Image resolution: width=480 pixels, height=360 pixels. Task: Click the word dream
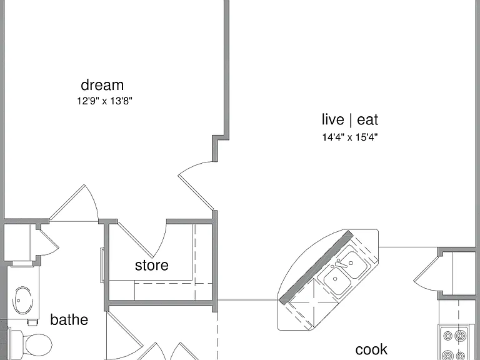tap(102, 85)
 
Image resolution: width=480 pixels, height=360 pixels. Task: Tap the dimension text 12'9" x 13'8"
tap(104, 101)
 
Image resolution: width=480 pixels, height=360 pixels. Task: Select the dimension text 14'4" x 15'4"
tap(350, 137)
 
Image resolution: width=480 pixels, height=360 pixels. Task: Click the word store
tap(151, 265)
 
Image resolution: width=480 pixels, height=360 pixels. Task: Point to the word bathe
tap(69, 319)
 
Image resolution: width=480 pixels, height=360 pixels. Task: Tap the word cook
tap(371, 349)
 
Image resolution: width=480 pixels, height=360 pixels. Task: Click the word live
tap(332, 119)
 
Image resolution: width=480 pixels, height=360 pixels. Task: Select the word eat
tap(367, 120)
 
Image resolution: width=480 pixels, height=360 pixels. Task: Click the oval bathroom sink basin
tap(22, 300)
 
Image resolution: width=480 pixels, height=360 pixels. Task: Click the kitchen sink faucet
tap(339, 264)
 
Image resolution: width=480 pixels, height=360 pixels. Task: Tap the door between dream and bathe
tap(74, 203)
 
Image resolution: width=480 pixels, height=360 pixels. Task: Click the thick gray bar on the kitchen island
tap(316, 267)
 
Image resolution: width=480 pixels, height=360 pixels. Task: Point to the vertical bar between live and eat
tap(350, 119)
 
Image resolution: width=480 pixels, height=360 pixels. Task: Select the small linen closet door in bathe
tap(49, 242)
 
